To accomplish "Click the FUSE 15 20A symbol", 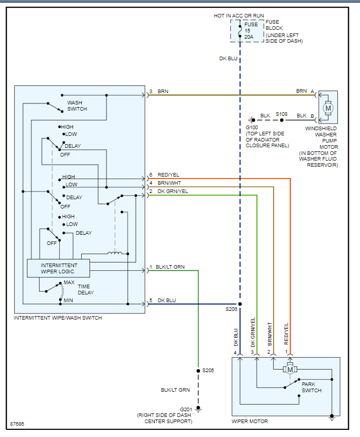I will pos(240,31).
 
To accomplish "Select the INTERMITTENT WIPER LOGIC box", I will pos(58,268).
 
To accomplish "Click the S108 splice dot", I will pos(281,120).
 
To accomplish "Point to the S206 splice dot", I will pos(240,304).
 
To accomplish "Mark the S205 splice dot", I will pos(198,370).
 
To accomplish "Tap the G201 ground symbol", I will pos(198,409).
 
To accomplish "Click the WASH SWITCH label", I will pos(77,106).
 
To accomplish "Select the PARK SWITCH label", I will pos(312,387).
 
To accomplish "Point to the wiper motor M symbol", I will pos(290,369).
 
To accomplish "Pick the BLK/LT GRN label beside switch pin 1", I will pos(170,267).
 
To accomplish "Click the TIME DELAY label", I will pos(85,289).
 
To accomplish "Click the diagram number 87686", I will pos(17,425).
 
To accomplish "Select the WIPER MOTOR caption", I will pos(250,422).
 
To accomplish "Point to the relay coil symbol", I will pos(115,253).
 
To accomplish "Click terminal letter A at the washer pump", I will pos(312,91).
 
